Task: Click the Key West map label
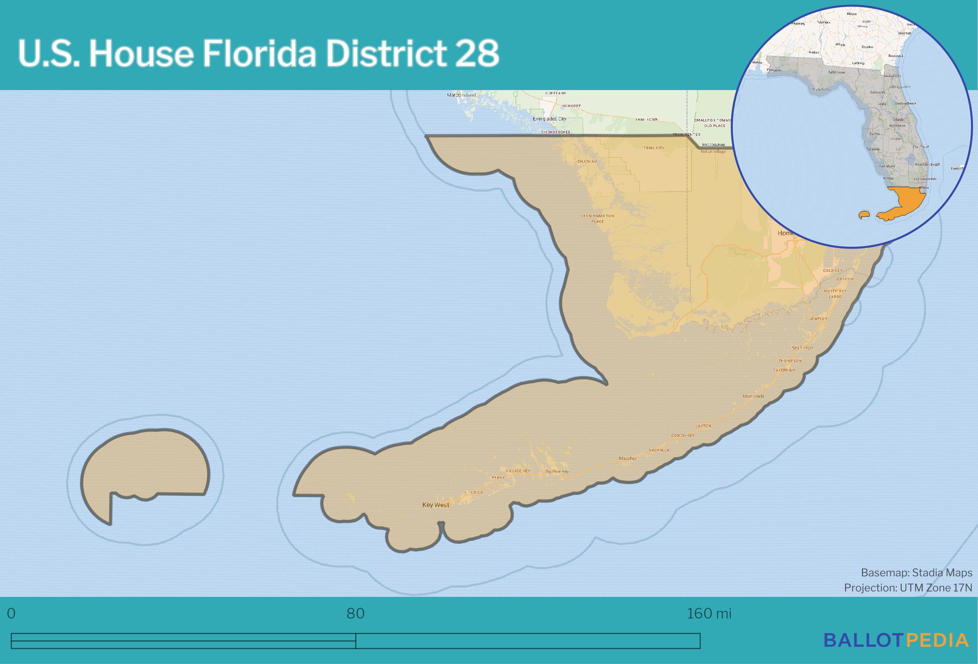[435, 505]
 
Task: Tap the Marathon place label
[628, 458]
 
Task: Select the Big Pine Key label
[557, 472]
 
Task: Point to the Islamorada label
[753, 396]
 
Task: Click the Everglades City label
[549, 119]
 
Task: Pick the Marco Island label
[461, 95]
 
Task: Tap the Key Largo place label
[802, 348]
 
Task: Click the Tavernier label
[784, 370]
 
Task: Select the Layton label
[703, 426]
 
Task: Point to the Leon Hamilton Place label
[597, 218]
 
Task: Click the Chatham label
[587, 161]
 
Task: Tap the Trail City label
[654, 148]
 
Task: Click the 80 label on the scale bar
[356, 614]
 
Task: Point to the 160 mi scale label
[709, 614]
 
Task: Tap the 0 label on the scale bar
[11, 614]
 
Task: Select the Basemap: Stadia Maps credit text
[916, 573]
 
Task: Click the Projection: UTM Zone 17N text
[908, 588]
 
